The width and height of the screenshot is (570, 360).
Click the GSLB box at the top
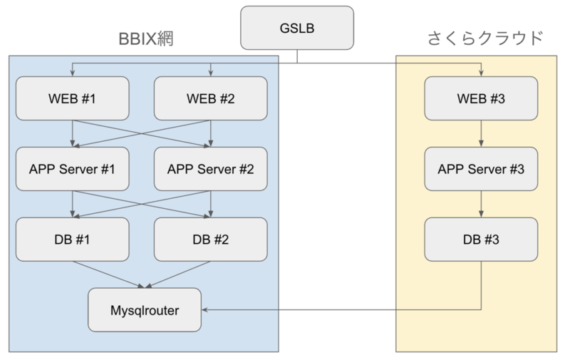(297, 29)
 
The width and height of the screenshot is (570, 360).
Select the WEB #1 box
(72, 98)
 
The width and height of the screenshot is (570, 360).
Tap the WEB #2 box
(211, 98)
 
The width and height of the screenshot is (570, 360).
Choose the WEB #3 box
(481, 98)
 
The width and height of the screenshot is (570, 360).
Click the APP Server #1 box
(72, 169)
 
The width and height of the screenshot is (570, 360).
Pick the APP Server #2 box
(211, 169)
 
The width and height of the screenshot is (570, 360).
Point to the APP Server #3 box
(481, 169)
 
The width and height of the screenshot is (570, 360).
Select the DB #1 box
(72, 239)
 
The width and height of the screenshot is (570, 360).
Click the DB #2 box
(211, 239)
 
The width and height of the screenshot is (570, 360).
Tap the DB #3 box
(481, 239)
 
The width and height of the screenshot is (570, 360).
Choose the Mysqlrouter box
(145, 310)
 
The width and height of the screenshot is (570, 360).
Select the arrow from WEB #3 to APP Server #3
(481, 133)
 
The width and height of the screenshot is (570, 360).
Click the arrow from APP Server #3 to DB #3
(481, 204)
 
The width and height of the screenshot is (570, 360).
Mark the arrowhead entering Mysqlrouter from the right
(206, 310)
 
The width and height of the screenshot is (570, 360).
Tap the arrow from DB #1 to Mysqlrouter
(107, 274)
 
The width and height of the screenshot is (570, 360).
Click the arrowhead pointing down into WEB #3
(481, 73)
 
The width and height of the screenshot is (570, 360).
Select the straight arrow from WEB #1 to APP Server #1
(72, 133)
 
